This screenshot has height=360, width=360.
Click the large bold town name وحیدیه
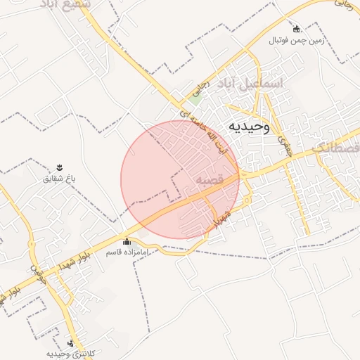tap(248, 127)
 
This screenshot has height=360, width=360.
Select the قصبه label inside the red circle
tap(209, 180)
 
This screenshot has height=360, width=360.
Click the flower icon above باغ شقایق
tap(60, 167)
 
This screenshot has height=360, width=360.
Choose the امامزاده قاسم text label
tap(127, 252)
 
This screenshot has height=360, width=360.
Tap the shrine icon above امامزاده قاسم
tap(127, 242)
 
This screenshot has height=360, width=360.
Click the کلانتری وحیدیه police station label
tap(70, 353)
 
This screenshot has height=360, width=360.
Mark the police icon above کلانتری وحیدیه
tap(70, 342)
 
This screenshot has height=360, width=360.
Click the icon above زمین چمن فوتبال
tap(296, 29)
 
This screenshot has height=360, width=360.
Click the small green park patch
tap(195, 99)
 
